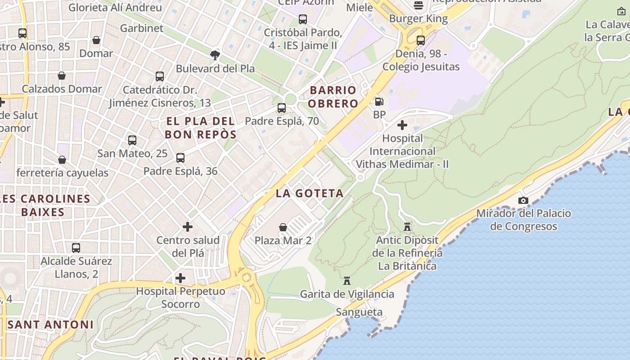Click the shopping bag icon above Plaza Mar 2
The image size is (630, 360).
coord(283,227)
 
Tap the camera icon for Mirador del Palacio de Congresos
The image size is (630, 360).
coord(523,200)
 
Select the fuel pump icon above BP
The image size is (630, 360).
coord(379,102)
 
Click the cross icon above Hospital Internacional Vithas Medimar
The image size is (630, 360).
coord(402,125)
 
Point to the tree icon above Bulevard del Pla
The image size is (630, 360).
coord(215,55)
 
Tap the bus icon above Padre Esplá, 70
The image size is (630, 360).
coord(282,108)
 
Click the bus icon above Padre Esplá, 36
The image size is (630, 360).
coord(180,158)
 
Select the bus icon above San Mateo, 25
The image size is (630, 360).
coord(132,140)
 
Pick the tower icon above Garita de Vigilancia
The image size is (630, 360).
coord(347,281)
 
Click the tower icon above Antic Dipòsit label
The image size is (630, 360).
coord(407,226)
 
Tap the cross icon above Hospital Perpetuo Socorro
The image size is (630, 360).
coord(180,278)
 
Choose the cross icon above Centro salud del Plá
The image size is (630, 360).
coord(188,227)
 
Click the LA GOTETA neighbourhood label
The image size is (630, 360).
coord(310,193)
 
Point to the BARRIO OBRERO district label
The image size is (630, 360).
coord(333,97)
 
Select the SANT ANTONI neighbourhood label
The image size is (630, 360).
coord(50,324)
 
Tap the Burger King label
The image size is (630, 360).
coord(418,19)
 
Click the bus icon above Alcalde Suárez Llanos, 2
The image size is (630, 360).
coord(76,248)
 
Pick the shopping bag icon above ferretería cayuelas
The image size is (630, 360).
coord(62,160)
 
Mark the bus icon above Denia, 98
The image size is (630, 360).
coord(421,40)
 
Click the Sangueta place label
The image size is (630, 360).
coord(359,312)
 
